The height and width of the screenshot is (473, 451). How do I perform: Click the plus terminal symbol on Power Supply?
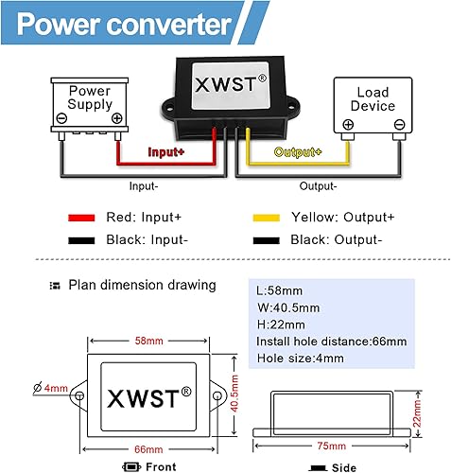tap(116, 119)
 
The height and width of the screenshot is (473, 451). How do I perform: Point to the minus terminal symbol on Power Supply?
tap(62, 119)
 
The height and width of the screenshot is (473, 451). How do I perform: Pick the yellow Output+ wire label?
tap(298, 151)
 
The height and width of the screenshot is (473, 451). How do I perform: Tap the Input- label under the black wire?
tap(145, 185)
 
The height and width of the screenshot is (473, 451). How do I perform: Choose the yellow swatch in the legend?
tap(269, 217)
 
